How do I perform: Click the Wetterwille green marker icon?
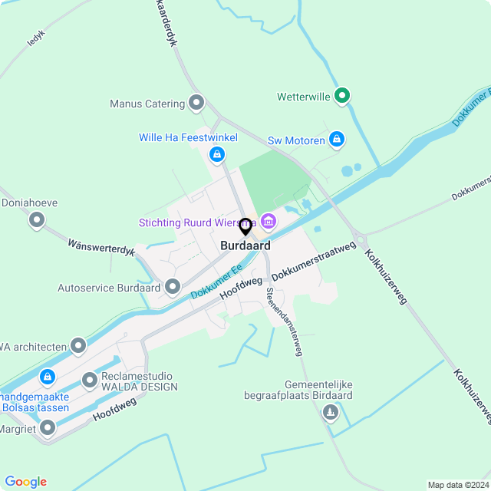[x=343, y=96]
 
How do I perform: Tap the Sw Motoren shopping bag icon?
[x=336, y=140]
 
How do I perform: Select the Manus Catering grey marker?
[x=196, y=102]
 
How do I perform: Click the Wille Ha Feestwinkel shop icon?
[x=217, y=154]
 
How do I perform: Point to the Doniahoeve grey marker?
[x=36, y=221]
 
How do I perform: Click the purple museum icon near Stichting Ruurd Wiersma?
[x=268, y=222]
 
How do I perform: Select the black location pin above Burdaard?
[x=245, y=227]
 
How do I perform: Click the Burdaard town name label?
[x=245, y=246]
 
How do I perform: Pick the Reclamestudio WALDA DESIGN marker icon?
[x=90, y=380]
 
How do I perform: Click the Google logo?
[x=25, y=482]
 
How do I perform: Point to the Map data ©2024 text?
[x=458, y=485]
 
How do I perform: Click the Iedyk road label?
[x=37, y=38]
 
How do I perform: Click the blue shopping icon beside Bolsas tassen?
[x=48, y=377]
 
